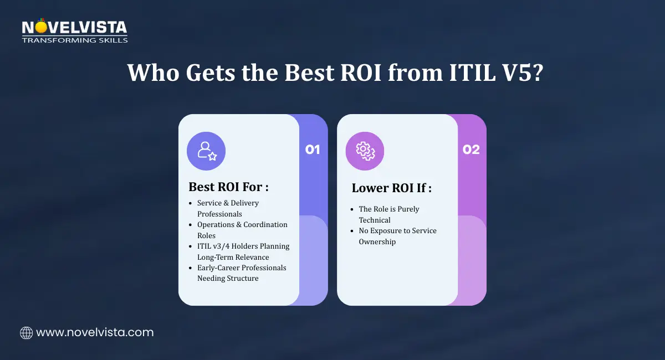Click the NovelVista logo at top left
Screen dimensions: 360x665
(x=74, y=31)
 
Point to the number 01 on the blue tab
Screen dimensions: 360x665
(x=313, y=150)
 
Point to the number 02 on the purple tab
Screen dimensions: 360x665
(x=471, y=150)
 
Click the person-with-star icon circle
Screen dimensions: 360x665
(x=206, y=151)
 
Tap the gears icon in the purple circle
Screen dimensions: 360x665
(x=365, y=151)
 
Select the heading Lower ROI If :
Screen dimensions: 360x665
(x=391, y=188)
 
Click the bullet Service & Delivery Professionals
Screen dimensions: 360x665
(x=228, y=208)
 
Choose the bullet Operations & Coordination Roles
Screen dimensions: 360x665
(x=242, y=230)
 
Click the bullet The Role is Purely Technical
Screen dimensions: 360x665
(x=388, y=214)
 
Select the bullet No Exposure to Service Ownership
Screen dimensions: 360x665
(x=397, y=236)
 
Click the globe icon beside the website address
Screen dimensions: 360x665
(x=26, y=333)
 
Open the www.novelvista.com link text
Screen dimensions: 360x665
(x=95, y=333)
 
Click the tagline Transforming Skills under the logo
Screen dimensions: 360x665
(x=74, y=40)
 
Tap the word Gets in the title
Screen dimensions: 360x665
(x=196, y=73)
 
